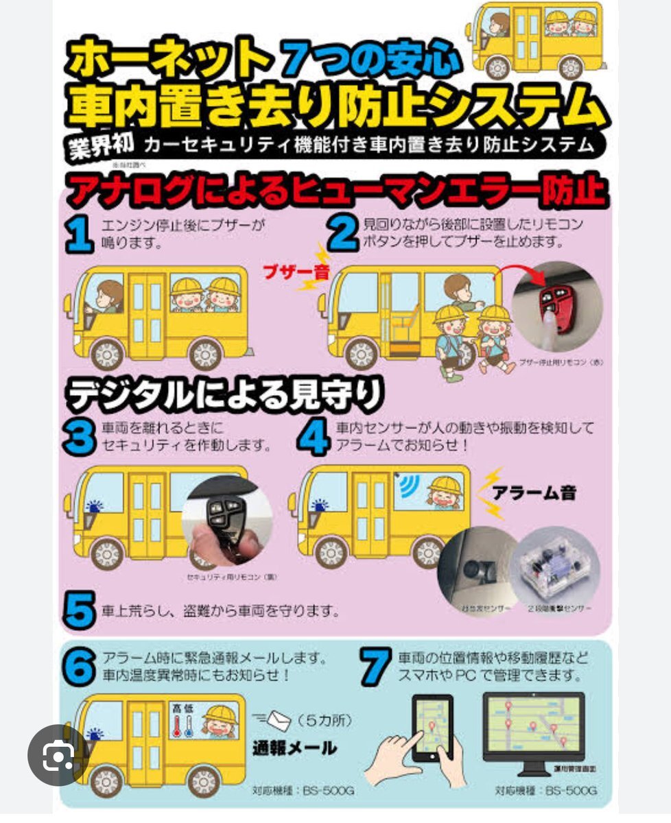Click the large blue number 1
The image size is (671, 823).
pos(80,234)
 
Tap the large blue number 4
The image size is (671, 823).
pos(314,438)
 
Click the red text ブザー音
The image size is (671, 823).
pos(296,272)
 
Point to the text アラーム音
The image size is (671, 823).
pos(539,492)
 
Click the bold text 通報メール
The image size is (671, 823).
pos(295,747)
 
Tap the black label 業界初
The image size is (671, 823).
pos(103,146)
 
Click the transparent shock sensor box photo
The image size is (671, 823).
pos(556,564)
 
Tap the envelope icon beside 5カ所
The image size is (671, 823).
pos(279,719)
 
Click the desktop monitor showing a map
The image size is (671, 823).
pos(533,726)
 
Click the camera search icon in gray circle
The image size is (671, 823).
pos(58,755)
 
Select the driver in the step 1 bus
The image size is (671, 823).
pos(107,297)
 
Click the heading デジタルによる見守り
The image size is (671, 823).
pos(224,396)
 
